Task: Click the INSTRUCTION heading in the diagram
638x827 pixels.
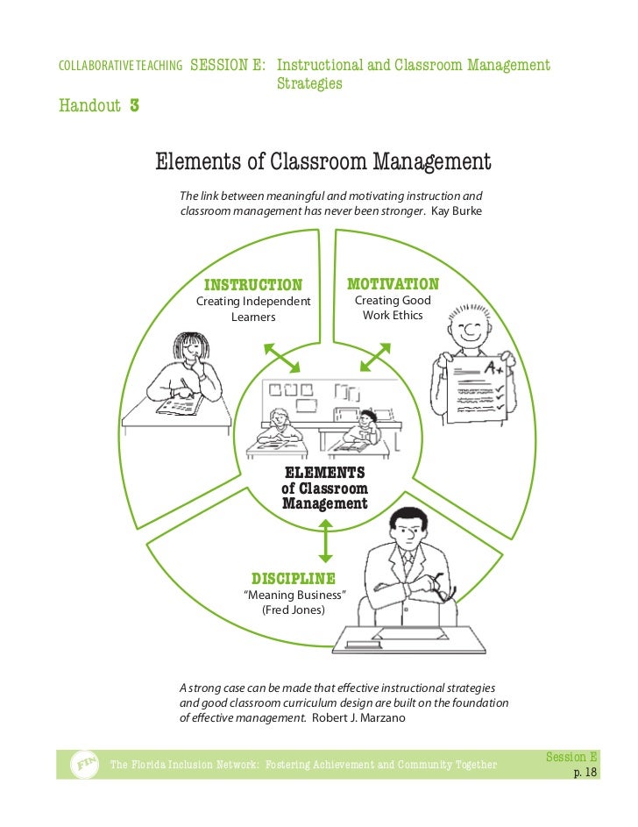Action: [252, 284]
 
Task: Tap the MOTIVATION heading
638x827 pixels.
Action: [393, 284]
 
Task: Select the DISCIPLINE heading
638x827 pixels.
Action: [294, 578]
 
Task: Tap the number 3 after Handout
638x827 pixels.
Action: [134, 107]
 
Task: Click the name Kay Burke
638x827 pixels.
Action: [457, 211]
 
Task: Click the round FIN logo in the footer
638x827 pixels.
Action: [82, 765]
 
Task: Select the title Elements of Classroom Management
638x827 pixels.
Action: [323, 162]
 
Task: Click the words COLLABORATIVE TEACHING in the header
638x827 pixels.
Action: [120, 66]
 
